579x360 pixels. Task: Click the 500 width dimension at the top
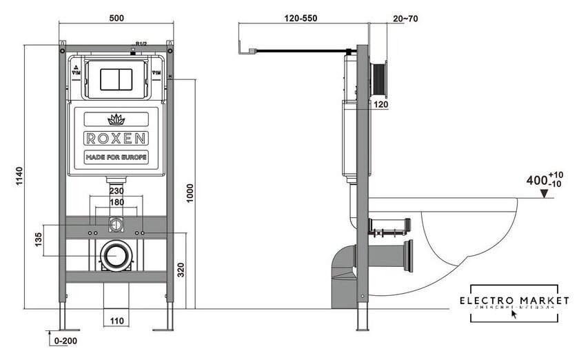point(116,19)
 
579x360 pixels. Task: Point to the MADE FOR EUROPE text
point(115,157)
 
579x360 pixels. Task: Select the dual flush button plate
point(116,79)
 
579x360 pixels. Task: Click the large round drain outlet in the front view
point(115,257)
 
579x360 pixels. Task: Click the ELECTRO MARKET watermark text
point(516,301)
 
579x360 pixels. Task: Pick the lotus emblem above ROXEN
point(115,117)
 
